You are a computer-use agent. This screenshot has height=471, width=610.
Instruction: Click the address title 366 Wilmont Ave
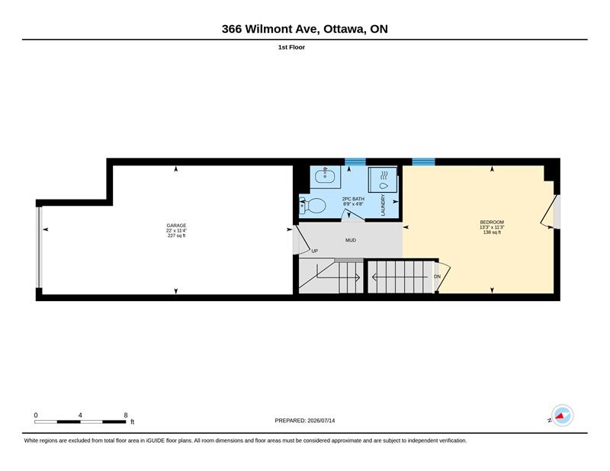[x=271, y=29]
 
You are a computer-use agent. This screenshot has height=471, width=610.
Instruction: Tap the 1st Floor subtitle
[x=291, y=47]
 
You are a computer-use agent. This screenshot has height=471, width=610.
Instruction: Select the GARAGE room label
[x=176, y=226]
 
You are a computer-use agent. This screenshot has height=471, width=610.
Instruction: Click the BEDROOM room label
[x=492, y=222]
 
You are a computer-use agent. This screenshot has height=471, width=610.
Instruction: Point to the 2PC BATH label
[x=353, y=199]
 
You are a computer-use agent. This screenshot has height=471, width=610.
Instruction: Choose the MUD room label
[x=351, y=240]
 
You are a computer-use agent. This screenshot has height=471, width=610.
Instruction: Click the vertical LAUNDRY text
[x=383, y=205]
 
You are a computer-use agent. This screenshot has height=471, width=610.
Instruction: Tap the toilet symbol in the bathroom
[x=313, y=205]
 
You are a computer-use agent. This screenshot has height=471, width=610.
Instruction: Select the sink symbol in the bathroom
[x=326, y=177]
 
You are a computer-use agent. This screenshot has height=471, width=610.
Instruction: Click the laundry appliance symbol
[x=383, y=179]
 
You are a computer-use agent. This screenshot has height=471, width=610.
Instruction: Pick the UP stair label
[x=315, y=252]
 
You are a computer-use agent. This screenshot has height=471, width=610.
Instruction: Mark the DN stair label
[x=437, y=277]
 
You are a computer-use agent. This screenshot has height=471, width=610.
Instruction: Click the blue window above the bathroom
[x=355, y=162]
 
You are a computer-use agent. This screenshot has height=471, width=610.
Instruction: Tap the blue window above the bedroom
[x=423, y=162]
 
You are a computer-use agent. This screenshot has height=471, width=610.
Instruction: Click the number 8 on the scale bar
[x=126, y=415]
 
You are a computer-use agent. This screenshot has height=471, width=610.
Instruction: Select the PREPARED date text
[x=304, y=421]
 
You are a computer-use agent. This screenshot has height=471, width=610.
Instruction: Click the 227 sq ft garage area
[x=176, y=235]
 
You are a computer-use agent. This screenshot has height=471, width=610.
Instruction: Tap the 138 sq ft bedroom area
[x=492, y=232]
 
